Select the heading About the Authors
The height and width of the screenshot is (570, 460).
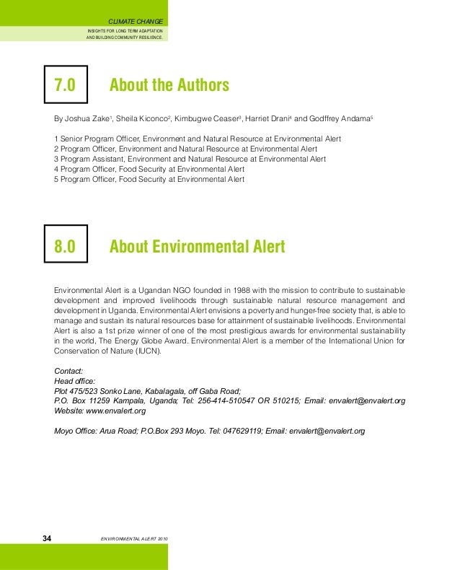tap(169, 87)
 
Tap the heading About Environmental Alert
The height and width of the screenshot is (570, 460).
tap(197, 247)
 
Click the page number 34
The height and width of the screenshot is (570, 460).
tap(48, 539)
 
